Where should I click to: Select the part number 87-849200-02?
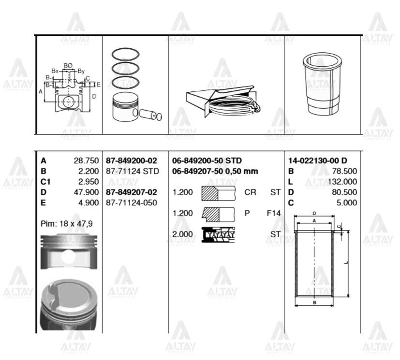coord(131,160)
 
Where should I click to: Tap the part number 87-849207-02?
coord(131,192)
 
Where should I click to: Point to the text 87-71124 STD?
coord(132,171)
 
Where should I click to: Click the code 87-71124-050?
coord(131,202)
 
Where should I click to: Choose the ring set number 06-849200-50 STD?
coord(207,160)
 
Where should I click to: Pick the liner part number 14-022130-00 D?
coord(317,160)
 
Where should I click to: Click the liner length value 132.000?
coord(344,181)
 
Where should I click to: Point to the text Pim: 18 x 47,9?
coord(66,224)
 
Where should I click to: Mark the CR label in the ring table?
coord(250,192)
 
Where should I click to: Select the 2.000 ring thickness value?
coord(182,234)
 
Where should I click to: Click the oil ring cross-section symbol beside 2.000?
coord(218,234)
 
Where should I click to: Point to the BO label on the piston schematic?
coord(68,66)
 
